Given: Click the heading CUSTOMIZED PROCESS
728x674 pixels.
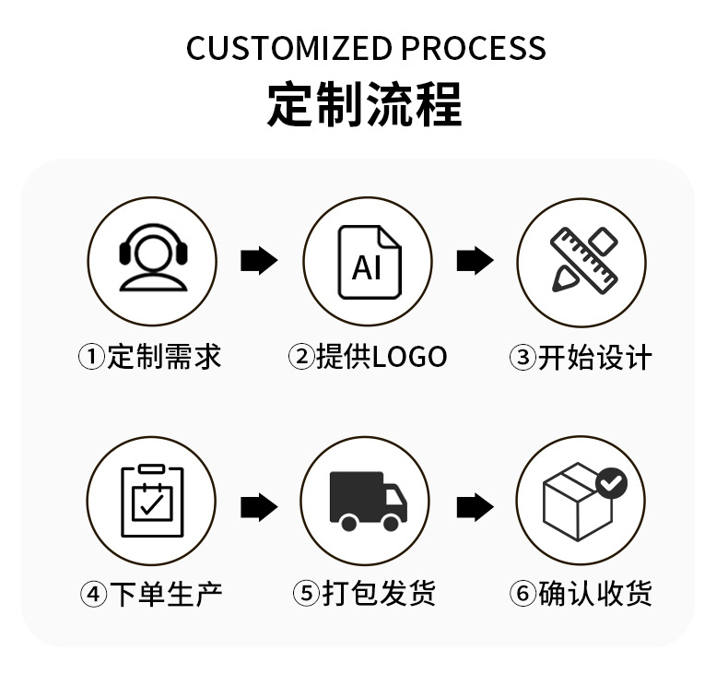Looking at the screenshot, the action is click(x=366, y=48).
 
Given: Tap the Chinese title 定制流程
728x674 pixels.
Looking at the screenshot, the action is click(x=365, y=104).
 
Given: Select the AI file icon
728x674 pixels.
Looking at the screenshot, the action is click(x=368, y=263).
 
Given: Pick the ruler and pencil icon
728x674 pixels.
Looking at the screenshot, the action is click(x=581, y=262).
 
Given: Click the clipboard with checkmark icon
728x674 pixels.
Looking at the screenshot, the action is click(x=152, y=501).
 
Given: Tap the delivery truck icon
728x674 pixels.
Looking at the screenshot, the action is click(x=368, y=501).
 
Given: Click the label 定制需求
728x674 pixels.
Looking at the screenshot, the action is click(x=164, y=357).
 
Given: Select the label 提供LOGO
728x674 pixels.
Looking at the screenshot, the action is click(x=381, y=357).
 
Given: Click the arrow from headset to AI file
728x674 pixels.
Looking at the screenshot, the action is click(x=259, y=261).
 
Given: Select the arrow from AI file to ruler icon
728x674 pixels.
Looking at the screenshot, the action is click(x=475, y=261).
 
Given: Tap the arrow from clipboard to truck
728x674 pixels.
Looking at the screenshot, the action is click(x=259, y=506).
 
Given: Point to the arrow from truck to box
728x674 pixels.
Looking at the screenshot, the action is click(x=475, y=506).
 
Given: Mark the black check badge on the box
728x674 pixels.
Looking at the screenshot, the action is click(x=611, y=481).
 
